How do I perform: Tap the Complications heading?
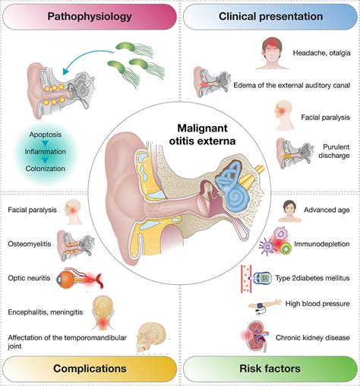tap(88, 369)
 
